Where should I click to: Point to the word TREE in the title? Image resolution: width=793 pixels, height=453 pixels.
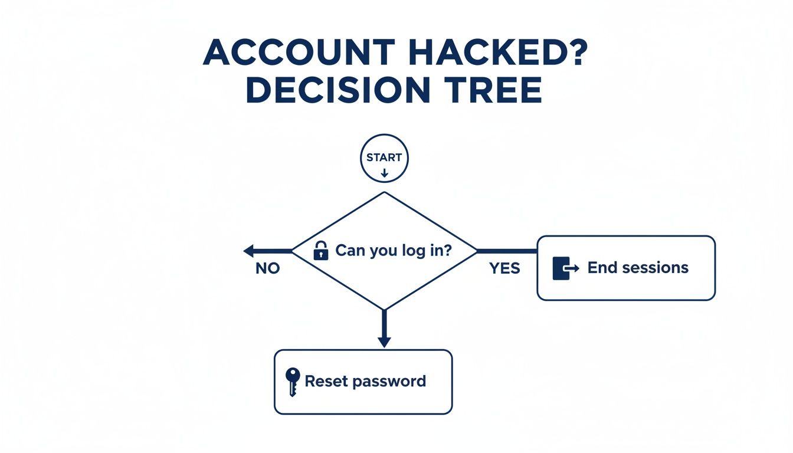pos(494,91)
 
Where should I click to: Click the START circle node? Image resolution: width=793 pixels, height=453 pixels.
pos(384,158)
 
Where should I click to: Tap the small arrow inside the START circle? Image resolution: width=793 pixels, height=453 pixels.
pos(384,173)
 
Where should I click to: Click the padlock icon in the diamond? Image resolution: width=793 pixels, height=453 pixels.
pos(320,251)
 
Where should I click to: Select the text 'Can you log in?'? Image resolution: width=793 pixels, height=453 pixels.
pos(394,250)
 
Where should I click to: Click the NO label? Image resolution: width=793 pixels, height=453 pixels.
pos(267,269)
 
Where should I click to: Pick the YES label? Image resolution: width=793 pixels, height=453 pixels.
pos(504,269)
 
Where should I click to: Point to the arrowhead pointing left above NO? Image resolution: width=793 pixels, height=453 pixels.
pos(250,251)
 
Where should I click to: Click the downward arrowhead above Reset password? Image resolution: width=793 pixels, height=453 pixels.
pos(384,341)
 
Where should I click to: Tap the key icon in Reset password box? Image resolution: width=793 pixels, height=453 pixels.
pos(291,381)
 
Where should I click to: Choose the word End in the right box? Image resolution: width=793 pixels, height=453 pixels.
pos(601,268)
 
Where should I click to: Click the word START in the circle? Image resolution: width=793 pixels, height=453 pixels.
pos(384,157)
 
